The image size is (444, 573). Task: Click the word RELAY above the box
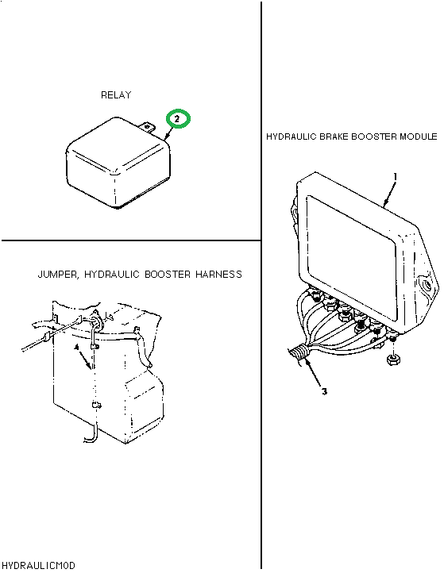(x=116, y=95)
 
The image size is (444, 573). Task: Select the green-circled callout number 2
(x=178, y=119)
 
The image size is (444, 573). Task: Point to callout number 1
(x=395, y=175)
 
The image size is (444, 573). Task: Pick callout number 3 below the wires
(x=324, y=391)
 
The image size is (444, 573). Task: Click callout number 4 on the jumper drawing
(x=77, y=348)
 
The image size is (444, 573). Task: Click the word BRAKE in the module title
(x=334, y=137)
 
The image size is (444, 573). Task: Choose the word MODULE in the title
(x=416, y=137)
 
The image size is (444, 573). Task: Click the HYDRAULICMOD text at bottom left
(x=38, y=565)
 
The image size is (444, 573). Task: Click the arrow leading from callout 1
(x=389, y=194)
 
